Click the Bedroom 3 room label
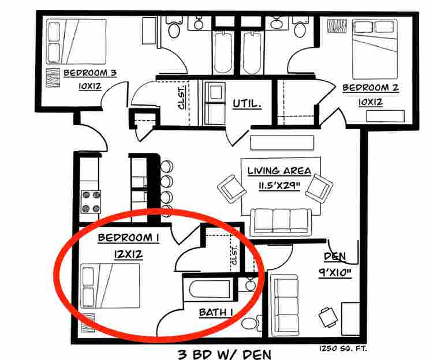tap(90, 73)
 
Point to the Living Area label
tap(279, 171)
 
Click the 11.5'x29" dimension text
tap(279, 185)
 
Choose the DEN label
tap(334, 256)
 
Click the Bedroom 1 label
tap(129, 238)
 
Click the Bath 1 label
tap(216, 313)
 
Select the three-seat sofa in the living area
tap(281, 220)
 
